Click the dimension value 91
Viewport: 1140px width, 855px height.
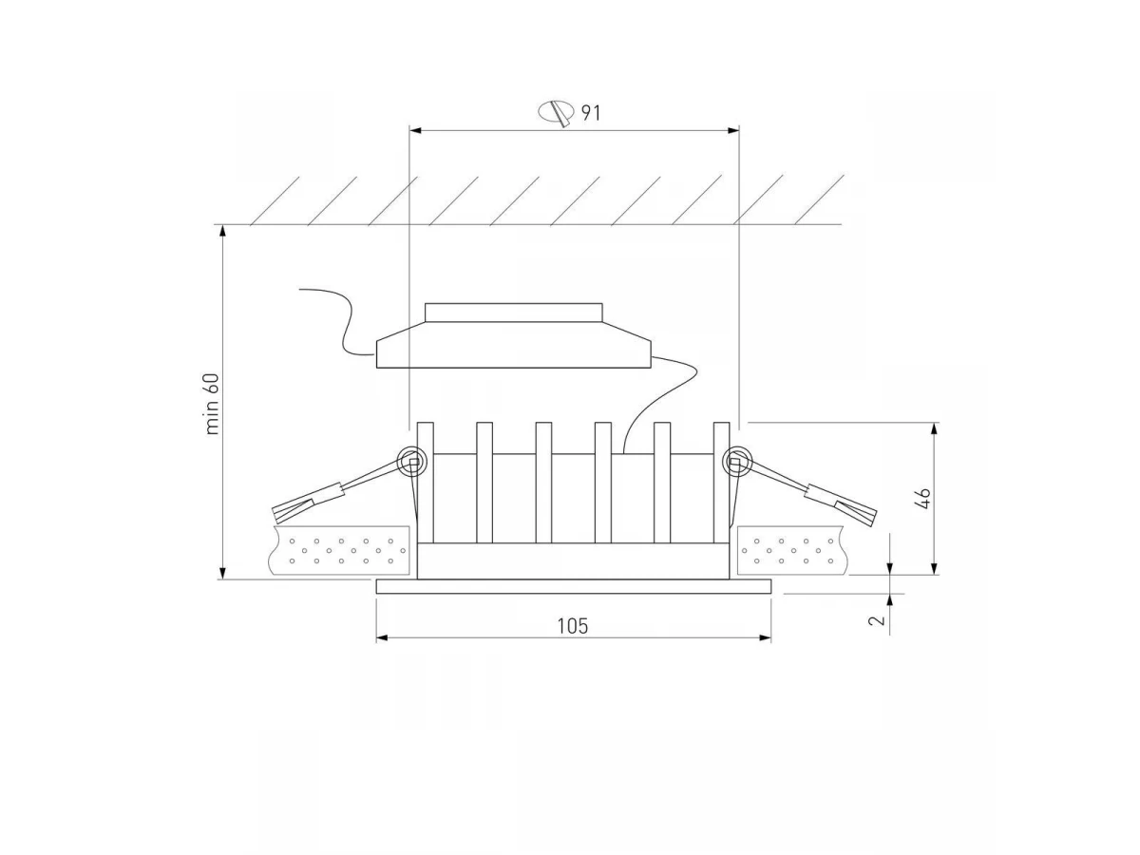coord(591,113)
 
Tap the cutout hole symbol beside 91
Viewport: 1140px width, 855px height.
coord(556,112)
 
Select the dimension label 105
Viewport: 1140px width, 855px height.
coord(572,626)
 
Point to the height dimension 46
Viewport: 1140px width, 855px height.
coord(925,499)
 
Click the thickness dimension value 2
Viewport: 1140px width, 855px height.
coord(877,619)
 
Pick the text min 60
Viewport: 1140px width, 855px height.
coord(213,404)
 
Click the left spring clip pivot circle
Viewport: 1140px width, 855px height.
coord(412,461)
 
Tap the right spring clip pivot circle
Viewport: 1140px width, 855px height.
coord(736,461)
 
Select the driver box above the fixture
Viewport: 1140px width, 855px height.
coord(514,345)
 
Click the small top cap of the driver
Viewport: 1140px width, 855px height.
coord(514,313)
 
